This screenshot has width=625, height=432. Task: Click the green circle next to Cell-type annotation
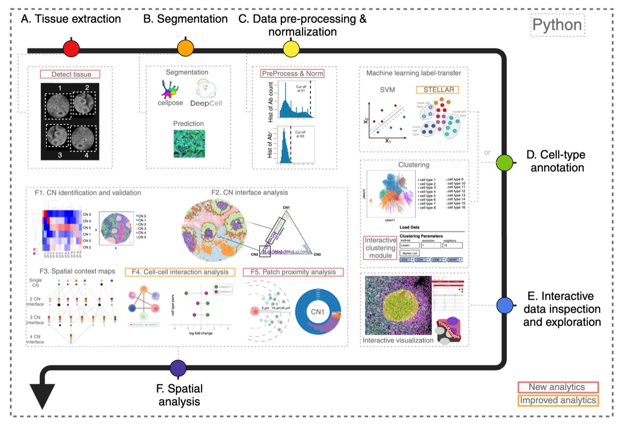(x=504, y=162)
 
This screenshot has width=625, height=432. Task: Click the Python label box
(x=556, y=25)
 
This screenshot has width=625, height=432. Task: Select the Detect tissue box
(x=70, y=74)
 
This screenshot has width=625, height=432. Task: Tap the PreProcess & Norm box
(x=292, y=73)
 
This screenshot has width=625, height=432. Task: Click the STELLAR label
(x=438, y=90)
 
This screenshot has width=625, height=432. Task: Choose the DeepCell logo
(x=206, y=96)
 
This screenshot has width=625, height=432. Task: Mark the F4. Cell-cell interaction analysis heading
(x=180, y=272)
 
